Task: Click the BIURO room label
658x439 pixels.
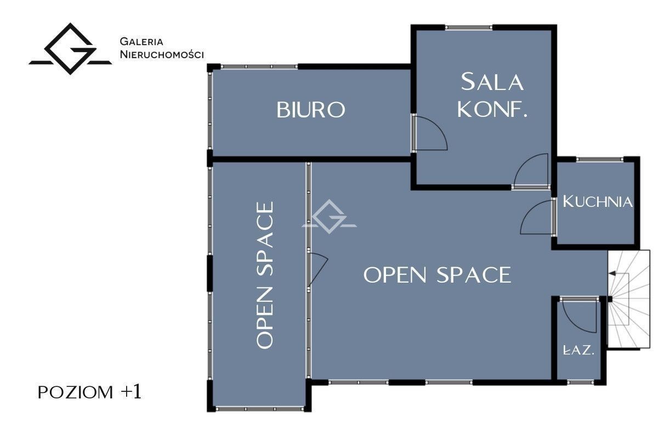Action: click(x=311, y=110)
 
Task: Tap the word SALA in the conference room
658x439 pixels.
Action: click(x=492, y=82)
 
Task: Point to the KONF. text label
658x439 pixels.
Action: click(x=492, y=109)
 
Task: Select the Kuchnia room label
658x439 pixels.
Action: click(x=597, y=202)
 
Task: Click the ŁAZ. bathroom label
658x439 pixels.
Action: click(x=578, y=350)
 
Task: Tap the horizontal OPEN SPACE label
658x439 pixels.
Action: click(x=438, y=275)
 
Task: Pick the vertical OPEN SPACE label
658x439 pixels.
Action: click(x=265, y=275)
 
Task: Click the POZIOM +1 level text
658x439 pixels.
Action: click(x=90, y=392)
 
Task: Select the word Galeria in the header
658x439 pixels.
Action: click(x=141, y=42)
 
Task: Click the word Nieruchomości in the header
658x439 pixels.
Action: click(x=162, y=54)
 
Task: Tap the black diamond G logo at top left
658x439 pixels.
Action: click(x=70, y=49)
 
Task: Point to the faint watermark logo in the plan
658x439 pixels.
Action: click(x=330, y=216)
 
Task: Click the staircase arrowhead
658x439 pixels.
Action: click(x=611, y=274)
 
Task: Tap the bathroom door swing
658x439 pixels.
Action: click(x=579, y=314)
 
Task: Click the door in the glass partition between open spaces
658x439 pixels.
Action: click(x=317, y=269)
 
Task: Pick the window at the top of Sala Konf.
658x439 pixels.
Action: click(x=468, y=27)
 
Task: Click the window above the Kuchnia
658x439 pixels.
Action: click(x=599, y=159)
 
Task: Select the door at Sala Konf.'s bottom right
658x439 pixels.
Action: click(x=531, y=171)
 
